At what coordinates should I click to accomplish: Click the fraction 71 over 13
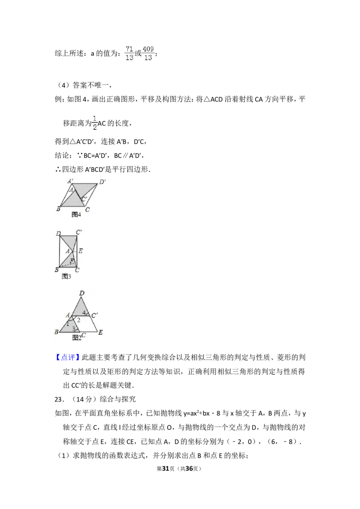[x=129, y=52]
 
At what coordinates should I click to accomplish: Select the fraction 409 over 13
[x=148, y=52]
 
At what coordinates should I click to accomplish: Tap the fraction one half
[x=95, y=122]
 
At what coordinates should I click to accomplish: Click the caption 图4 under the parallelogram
[x=76, y=214]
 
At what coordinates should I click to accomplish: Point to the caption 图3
[x=66, y=276]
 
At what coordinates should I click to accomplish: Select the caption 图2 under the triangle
[x=76, y=337]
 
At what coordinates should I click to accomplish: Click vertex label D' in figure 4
[x=103, y=182]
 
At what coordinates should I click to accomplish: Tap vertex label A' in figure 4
[x=71, y=181]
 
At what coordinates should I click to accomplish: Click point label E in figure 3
[x=80, y=251]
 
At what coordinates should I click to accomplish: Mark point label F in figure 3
[x=72, y=260]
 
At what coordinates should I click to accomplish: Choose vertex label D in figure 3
[x=58, y=233]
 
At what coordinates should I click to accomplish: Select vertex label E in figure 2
[x=100, y=332]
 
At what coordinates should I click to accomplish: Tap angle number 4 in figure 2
[x=84, y=313]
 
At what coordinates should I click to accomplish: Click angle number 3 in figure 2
[x=74, y=329]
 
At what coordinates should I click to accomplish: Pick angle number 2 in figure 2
[x=78, y=320]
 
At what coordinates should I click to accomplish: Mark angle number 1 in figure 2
[x=68, y=323]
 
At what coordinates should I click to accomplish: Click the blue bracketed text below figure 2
[x=67, y=357]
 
